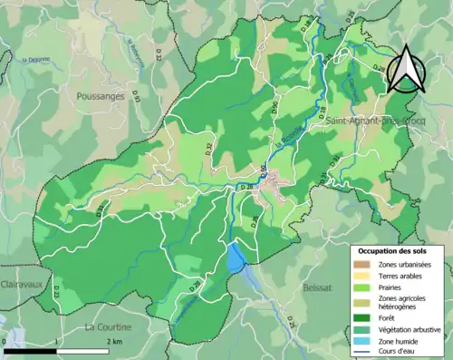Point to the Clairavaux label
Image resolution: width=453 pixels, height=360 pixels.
[24, 283]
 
